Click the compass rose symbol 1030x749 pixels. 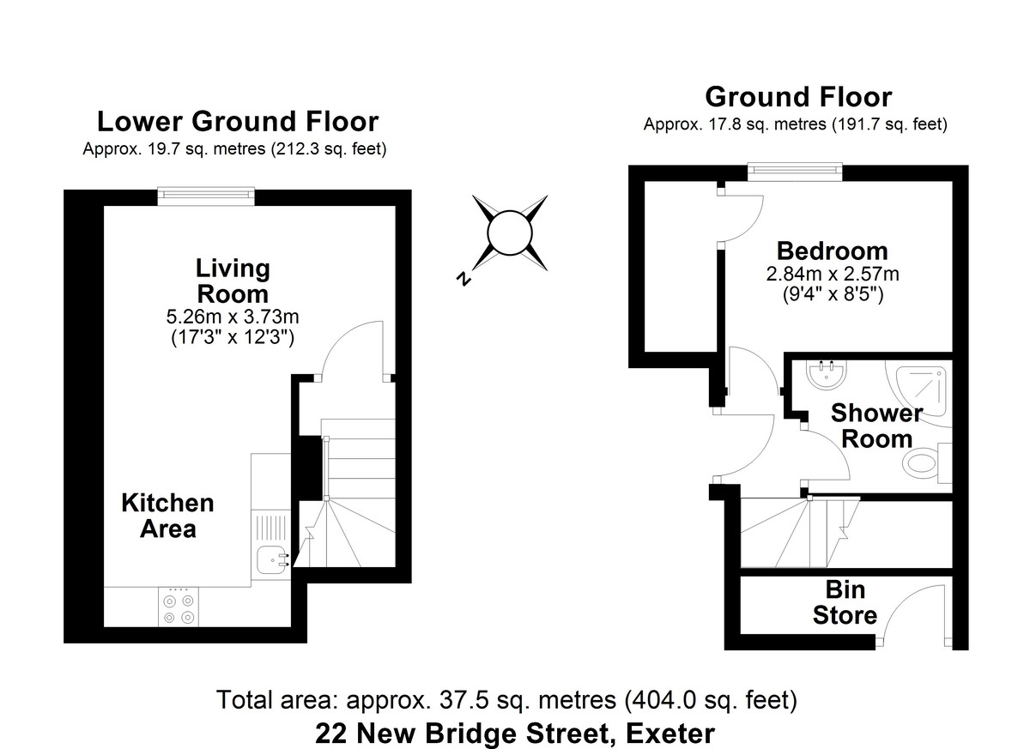click(x=510, y=233)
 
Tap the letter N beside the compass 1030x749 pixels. click(x=464, y=279)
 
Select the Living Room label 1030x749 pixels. click(x=233, y=281)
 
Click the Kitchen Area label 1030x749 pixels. click(x=167, y=516)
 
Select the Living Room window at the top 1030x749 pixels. click(x=206, y=197)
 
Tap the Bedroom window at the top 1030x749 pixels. click(x=795, y=172)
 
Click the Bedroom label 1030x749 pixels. click(x=832, y=251)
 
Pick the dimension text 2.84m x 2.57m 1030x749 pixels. click(x=832, y=275)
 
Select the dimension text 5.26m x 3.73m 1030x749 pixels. click(x=233, y=317)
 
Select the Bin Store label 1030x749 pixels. click(x=845, y=602)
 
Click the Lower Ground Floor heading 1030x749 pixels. click(x=237, y=122)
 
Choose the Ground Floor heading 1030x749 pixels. click(x=797, y=97)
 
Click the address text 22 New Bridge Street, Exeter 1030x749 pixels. click(x=514, y=734)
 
